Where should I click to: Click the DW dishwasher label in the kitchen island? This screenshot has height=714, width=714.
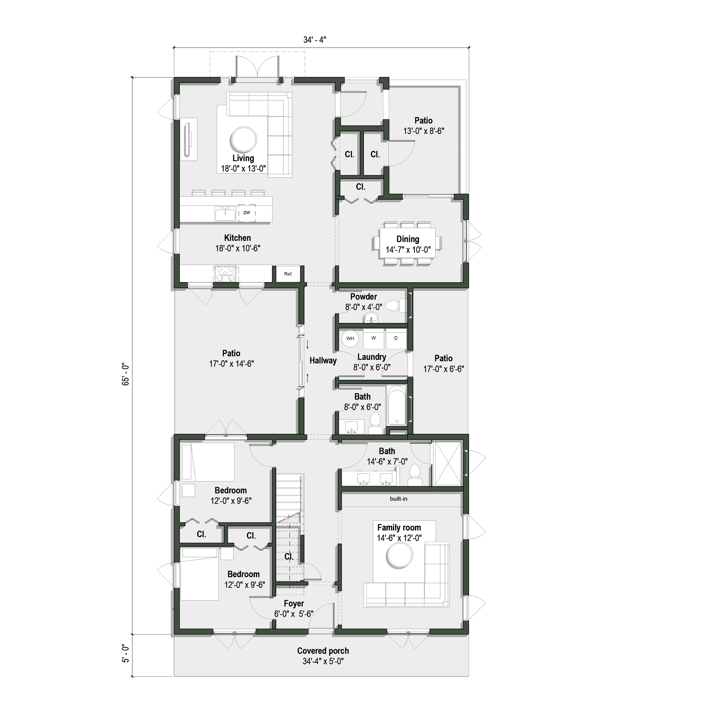(x=247, y=213)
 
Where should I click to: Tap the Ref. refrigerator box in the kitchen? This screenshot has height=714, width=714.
(x=288, y=274)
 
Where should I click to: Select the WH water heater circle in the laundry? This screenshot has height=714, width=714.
(x=350, y=338)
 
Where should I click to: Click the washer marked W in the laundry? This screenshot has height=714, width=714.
(x=374, y=338)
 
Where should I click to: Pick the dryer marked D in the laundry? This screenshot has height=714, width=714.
(x=396, y=338)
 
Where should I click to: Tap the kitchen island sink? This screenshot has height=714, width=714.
(x=225, y=214)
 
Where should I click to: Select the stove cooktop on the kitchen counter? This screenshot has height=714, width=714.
(x=225, y=274)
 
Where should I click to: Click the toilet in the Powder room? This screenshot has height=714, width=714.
(x=394, y=306)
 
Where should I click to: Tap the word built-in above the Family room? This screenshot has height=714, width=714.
(x=398, y=499)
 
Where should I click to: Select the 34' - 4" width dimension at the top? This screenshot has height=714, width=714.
(x=315, y=40)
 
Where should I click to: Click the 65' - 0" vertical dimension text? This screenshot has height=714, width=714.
(x=126, y=374)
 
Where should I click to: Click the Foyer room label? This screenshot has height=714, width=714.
(x=294, y=603)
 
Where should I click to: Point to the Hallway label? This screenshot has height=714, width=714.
(x=323, y=361)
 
